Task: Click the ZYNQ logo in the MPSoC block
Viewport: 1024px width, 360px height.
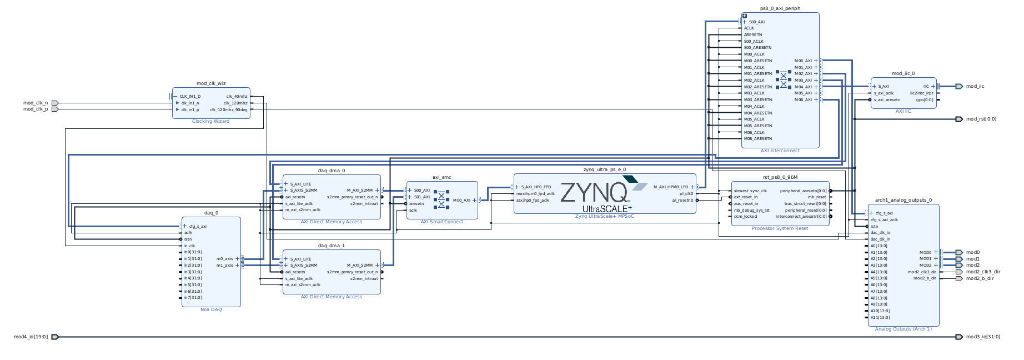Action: click(x=594, y=193)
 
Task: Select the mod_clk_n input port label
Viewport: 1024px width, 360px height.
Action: click(x=36, y=103)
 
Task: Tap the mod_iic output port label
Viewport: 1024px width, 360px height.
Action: click(x=975, y=86)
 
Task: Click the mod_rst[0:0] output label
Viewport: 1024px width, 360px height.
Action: click(x=981, y=119)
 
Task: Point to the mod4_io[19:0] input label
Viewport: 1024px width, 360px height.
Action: click(x=31, y=337)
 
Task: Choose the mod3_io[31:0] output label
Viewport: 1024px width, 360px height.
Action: click(x=983, y=337)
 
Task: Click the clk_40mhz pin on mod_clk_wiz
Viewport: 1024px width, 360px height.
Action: click(x=237, y=97)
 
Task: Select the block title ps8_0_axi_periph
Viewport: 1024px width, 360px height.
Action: click(x=780, y=9)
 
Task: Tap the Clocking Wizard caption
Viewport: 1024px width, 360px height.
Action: click(x=210, y=121)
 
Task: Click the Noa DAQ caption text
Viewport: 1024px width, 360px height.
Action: click(x=211, y=309)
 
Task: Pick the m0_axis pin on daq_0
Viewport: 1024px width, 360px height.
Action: click(x=225, y=259)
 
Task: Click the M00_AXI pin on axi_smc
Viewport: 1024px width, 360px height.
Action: click(x=461, y=201)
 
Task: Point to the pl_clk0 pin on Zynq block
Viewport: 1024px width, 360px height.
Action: click(x=686, y=194)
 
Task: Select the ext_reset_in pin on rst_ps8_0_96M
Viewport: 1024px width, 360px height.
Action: click(x=745, y=197)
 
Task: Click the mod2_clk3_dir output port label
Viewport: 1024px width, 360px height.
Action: click(x=983, y=272)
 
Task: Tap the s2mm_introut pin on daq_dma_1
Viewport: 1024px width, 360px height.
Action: click(x=364, y=279)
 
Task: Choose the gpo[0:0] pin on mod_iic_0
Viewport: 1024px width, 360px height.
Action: click(x=925, y=100)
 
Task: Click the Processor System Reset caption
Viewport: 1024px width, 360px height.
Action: click(x=780, y=228)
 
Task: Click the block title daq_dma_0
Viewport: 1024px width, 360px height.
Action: click(x=332, y=171)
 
